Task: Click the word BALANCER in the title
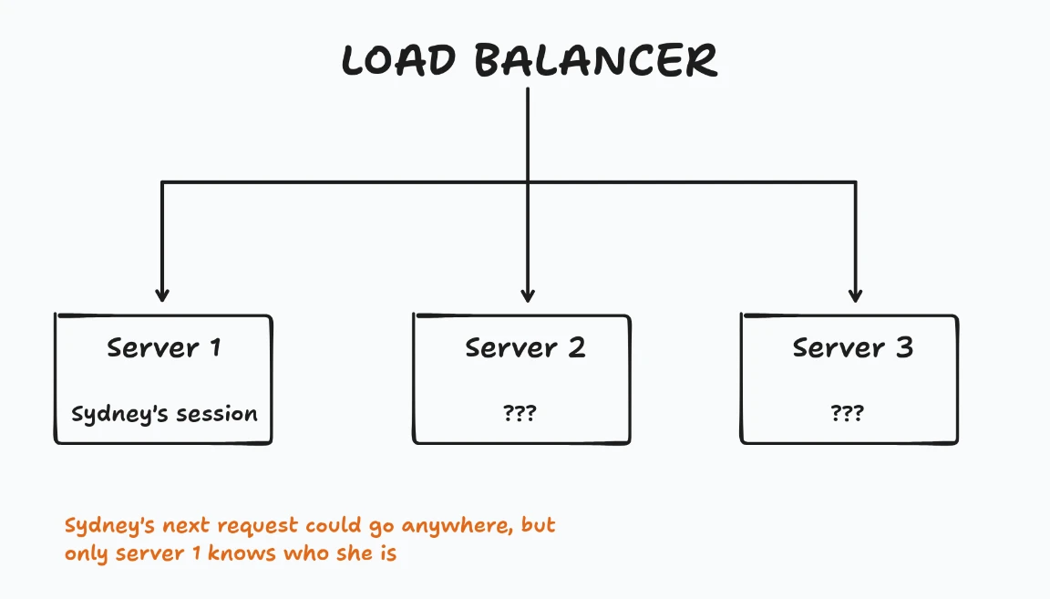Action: point(596,60)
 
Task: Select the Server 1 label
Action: point(163,347)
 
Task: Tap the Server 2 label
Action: point(525,347)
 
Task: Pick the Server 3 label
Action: point(852,347)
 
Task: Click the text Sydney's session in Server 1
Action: point(164,414)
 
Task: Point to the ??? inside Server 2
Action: point(520,413)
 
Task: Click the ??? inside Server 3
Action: point(848,413)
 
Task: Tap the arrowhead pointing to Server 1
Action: point(162,294)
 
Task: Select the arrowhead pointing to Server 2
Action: point(528,294)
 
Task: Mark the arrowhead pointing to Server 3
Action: point(855,294)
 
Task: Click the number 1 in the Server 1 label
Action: point(214,347)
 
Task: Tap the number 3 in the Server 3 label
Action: point(904,347)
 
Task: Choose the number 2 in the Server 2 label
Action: point(577,347)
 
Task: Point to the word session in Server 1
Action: point(217,414)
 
